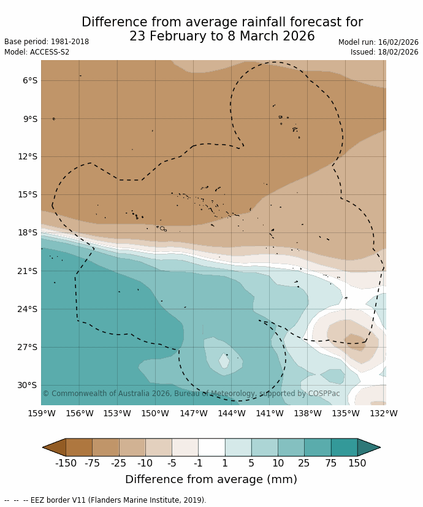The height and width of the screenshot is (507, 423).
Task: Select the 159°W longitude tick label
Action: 42,414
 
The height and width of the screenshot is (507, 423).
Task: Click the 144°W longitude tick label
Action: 232,414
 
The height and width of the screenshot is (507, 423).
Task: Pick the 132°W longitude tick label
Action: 384,414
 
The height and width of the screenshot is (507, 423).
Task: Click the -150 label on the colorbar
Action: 66,463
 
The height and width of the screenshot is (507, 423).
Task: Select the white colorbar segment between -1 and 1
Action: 211,448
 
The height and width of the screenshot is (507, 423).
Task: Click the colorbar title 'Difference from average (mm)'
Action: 211,479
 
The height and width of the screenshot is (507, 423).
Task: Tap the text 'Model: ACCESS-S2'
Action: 37,52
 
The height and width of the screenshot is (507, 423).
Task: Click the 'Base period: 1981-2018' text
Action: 47,42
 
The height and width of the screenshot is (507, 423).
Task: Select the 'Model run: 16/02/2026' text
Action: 378,42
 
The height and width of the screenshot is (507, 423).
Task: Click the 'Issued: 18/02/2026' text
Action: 384,52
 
